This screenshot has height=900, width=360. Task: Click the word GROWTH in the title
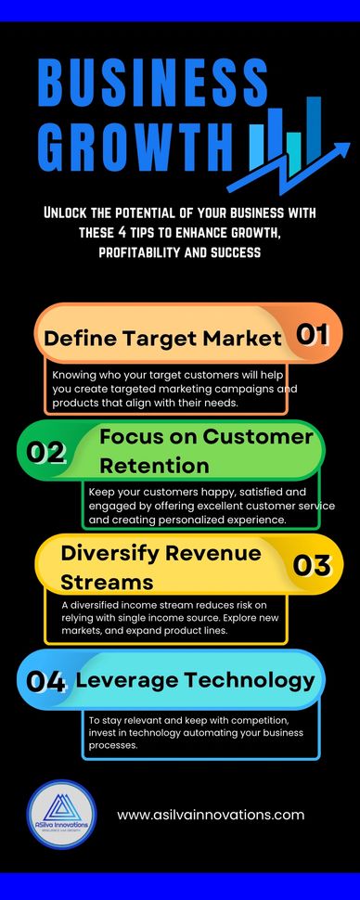(x=135, y=145)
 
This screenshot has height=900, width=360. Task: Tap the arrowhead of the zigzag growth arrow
(x=341, y=150)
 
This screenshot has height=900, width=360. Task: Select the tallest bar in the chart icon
(x=314, y=130)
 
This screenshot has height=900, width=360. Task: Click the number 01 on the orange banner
(x=313, y=335)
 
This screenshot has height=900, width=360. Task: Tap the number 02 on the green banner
(x=45, y=453)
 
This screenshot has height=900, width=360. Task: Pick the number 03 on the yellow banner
(x=313, y=565)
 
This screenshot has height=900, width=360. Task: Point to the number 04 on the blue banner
(x=46, y=681)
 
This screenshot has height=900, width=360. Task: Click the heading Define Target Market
(x=163, y=338)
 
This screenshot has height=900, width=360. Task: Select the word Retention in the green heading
(x=154, y=466)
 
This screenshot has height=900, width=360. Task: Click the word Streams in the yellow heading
(x=107, y=582)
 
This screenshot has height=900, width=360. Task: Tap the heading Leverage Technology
(x=195, y=680)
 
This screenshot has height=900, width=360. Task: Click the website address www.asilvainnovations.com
(x=211, y=815)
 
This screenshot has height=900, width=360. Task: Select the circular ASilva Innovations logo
(x=61, y=815)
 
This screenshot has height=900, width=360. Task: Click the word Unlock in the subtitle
(x=66, y=213)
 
